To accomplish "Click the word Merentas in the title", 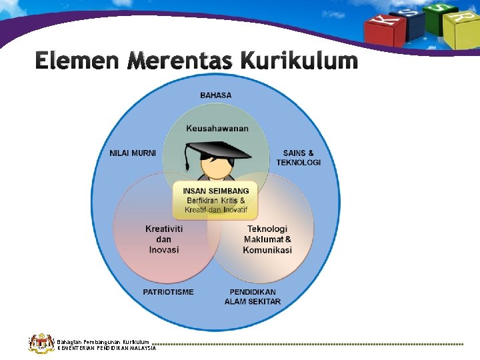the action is pyautogui.click(x=179, y=61).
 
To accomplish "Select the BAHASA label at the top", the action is pyautogui.click(x=216, y=95).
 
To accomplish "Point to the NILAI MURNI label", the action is pyautogui.click(x=133, y=153).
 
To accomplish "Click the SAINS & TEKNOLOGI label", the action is pyautogui.click(x=298, y=157).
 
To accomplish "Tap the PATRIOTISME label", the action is pyautogui.click(x=168, y=292).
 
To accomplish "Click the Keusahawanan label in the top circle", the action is pyautogui.click(x=217, y=128).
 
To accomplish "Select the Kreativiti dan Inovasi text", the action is pyautogui.click(x=164, y=239).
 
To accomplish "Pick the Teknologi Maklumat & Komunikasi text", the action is pyautogui.click(x=267, y=239).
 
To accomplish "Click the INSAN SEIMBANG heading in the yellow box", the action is pyautogui.click(x=215, y=191).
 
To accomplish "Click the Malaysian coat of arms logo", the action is pyautogui.click(x=40, y=343).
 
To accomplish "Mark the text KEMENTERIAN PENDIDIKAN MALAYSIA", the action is pyautogui.click(x=107, y=348).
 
